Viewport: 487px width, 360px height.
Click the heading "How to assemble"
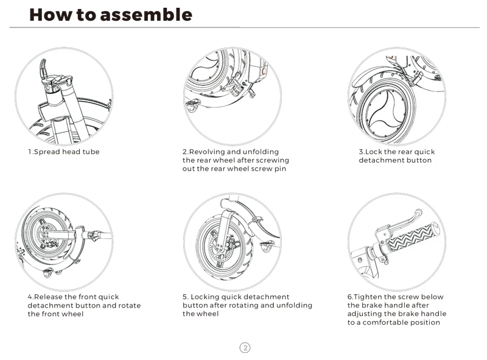111,15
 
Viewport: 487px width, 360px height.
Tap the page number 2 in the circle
245,348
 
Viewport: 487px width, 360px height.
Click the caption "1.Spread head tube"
64,152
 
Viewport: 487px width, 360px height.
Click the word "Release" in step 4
48,297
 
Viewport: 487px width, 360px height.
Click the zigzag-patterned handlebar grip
412,236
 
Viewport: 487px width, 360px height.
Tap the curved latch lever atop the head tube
43,69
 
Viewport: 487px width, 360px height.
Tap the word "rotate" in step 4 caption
130,306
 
